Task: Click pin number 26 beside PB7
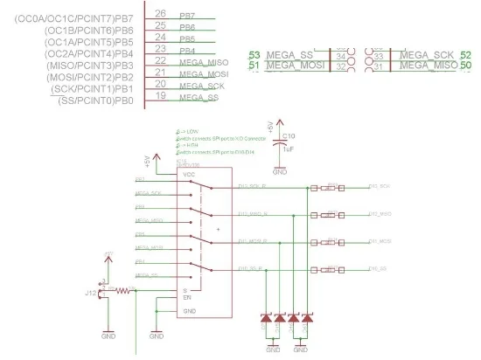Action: (160, 13)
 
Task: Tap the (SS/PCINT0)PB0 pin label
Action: (96, 101)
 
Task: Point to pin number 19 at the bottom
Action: (160, 96)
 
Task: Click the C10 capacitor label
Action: (289, 135)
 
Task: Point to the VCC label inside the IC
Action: (188, 176)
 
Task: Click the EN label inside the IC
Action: (186, 298)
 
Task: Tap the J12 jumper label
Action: (90, 293)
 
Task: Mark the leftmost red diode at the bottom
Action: (266, 321)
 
